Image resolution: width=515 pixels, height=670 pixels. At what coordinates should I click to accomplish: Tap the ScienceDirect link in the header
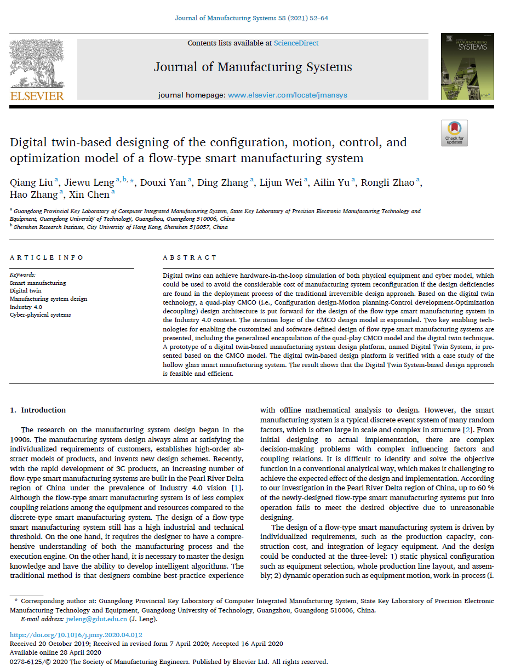296,43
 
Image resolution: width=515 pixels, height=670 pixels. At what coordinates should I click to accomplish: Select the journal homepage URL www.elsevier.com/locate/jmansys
287,95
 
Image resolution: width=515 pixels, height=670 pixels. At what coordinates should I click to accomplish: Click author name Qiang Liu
31,182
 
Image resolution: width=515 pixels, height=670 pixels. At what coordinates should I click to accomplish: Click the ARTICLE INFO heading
47,257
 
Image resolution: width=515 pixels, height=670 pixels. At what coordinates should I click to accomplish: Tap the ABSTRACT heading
190,257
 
